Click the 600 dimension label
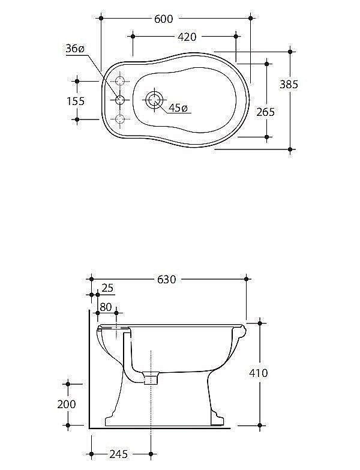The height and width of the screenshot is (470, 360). coord(164,19)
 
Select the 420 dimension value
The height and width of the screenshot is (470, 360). coord(187,37)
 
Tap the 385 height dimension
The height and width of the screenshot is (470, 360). coord(289,85)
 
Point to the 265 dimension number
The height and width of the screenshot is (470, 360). coord(265,112)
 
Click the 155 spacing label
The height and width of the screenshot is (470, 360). coord(76,101)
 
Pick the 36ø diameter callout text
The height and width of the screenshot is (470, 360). coord(75,48)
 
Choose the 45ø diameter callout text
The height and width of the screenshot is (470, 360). coord(178,107)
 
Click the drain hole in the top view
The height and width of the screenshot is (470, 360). coord(155,100)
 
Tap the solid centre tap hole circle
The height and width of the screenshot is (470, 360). coord(120,100)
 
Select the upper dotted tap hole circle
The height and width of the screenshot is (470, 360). coord(120,81)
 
